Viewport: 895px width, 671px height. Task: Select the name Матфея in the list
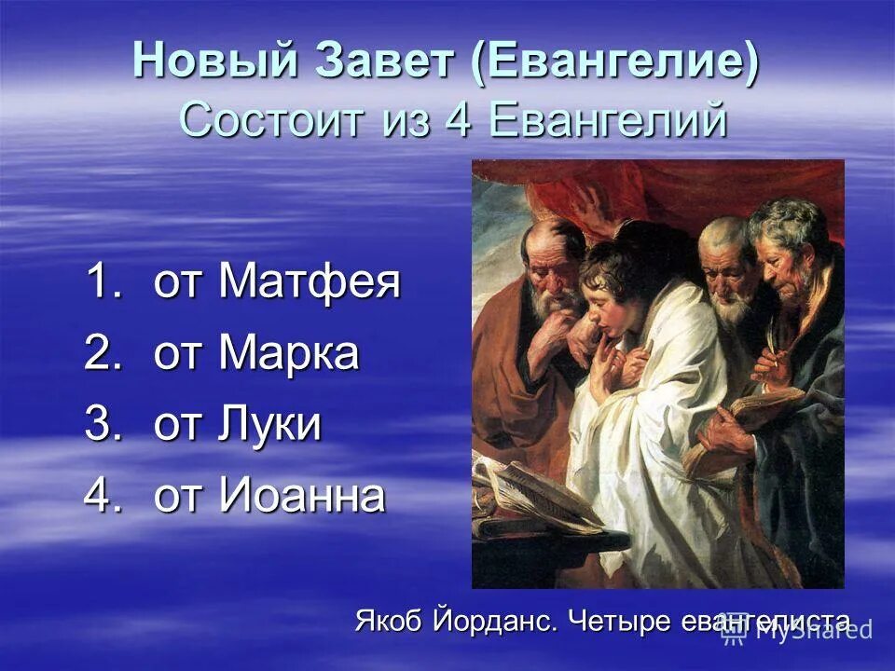pos(310,282)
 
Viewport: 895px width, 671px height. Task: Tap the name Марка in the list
pos(288,354)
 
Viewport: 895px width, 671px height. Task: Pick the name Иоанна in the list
pos(301,496)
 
